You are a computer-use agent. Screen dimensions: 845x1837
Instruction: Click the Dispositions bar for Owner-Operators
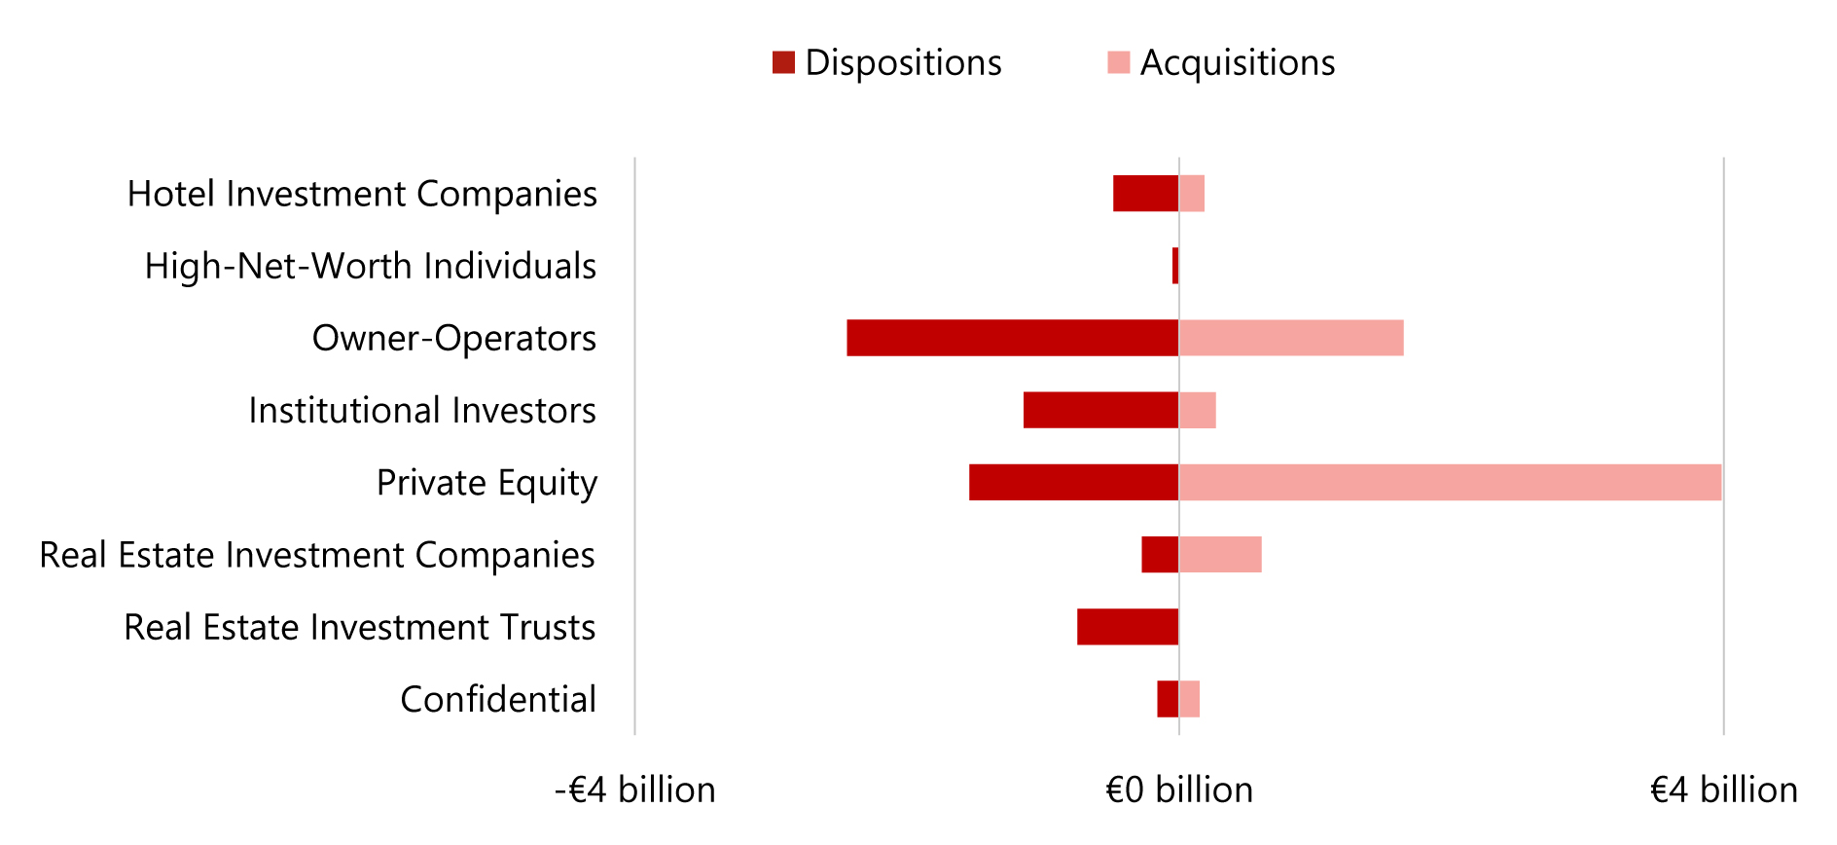1012,338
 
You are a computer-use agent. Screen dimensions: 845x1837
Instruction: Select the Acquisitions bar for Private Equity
1450,483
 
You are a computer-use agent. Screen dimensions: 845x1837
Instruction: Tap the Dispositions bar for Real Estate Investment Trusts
1128,627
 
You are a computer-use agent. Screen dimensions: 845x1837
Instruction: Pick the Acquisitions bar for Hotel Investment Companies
1192,194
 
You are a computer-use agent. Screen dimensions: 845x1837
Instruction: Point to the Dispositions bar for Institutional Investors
1100,410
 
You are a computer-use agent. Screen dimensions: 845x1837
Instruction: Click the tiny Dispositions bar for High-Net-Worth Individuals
1175,266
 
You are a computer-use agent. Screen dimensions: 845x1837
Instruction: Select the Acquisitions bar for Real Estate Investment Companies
1220,555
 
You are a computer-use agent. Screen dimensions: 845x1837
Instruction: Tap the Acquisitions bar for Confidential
1189,699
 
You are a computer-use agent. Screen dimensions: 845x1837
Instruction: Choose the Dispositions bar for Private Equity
1073,483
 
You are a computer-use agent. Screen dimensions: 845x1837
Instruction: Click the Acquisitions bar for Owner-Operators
1291,338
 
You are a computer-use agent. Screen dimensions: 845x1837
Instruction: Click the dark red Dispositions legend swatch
783,62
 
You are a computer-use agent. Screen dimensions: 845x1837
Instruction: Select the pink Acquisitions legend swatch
1118,62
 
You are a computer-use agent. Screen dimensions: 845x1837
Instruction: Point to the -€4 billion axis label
634,790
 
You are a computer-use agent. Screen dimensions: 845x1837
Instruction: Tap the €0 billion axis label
1179,790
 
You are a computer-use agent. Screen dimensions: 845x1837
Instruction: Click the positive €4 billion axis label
1723,790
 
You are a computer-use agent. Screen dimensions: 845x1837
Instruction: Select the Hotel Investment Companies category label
362,194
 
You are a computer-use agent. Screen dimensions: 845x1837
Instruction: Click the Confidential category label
498,699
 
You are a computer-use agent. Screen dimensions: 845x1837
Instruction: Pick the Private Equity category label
486,483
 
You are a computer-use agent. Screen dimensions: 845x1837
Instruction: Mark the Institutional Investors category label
422,410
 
